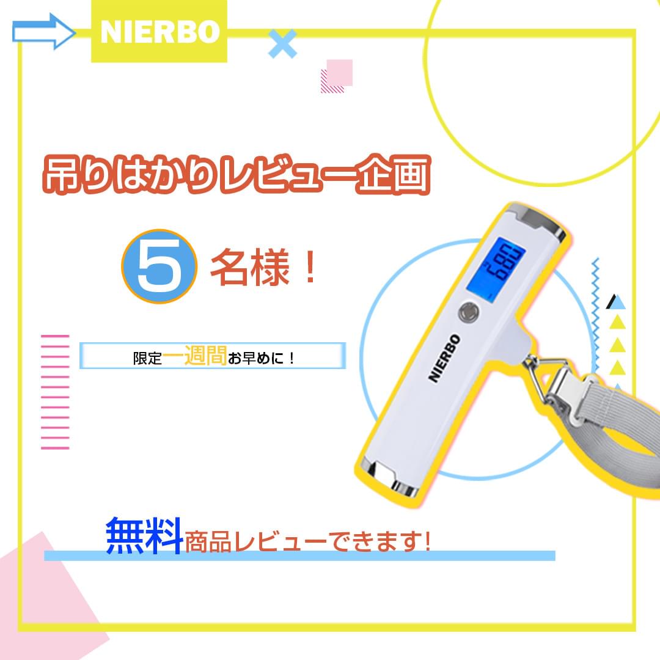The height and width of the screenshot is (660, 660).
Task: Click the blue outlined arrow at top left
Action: coord(43,32)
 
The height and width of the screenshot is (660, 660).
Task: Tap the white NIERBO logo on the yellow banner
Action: coord(160,32)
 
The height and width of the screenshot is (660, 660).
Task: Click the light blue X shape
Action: coord(282,43)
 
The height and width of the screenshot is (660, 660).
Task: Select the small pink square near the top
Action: coord(340,72)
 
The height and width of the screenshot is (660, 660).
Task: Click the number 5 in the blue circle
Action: coord(159,266)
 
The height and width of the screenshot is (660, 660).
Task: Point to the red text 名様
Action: coord(250,267)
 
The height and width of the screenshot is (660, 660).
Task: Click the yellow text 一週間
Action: coord(194,356)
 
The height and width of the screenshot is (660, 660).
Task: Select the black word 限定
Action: coord(147,358)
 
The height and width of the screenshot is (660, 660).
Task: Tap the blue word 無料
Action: coord(144,535)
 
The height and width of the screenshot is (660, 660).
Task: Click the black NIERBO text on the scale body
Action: coord(444,358)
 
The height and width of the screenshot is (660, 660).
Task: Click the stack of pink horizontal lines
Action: coord(55,392)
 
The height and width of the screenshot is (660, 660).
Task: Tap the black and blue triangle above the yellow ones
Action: coord(616,302)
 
